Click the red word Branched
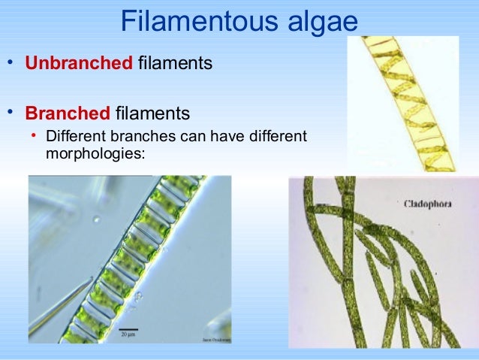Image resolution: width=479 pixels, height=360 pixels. point(68,114)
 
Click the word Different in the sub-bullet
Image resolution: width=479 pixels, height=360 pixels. point(76,138)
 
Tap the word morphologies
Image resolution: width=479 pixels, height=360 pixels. point(95,153)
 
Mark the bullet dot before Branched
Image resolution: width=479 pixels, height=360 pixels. point(11,113)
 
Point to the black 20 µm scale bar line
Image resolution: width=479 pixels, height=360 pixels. point(128,328)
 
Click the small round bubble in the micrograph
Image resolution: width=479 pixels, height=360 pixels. point(95,220)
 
